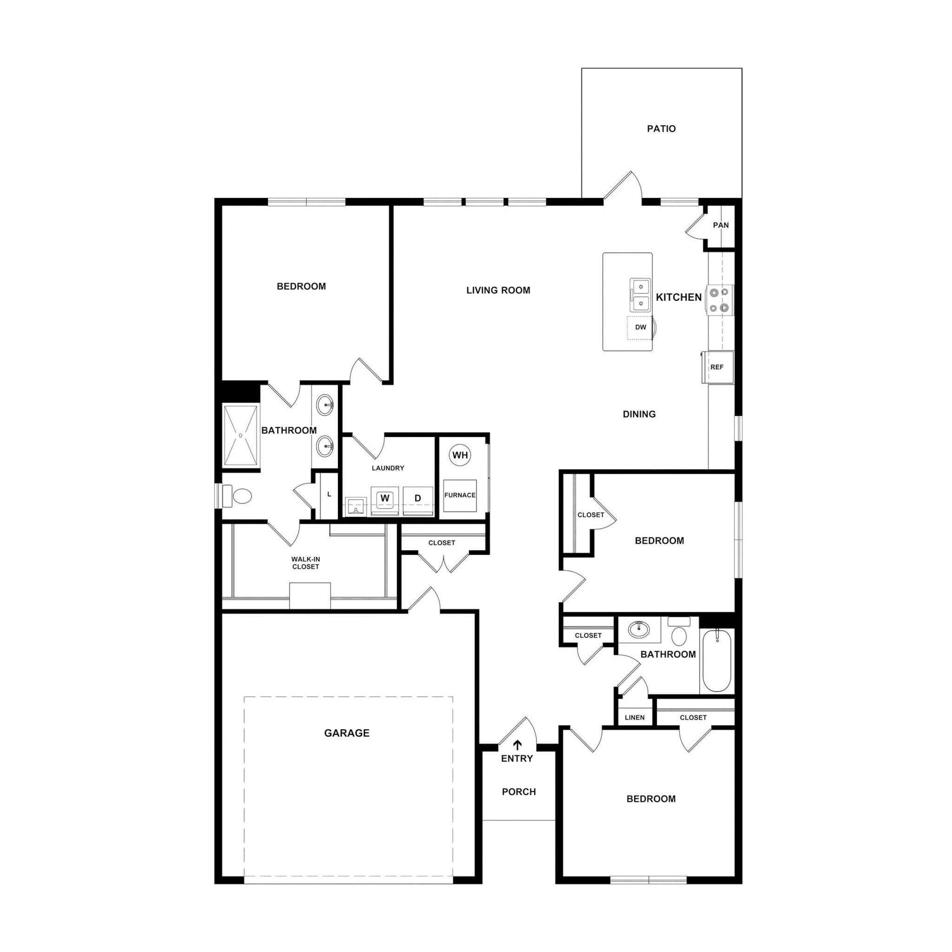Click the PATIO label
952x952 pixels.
[661, 129]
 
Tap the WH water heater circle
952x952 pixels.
[460, 455]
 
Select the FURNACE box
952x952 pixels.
[460, 495]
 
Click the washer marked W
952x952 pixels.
[385, 499]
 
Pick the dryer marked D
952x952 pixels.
[417, 499]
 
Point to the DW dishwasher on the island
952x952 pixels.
[640, 328]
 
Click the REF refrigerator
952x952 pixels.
[717, 367]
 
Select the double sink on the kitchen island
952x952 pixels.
[640, 295]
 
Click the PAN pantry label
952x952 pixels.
[721, 225]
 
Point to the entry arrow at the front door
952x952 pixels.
[517, 745]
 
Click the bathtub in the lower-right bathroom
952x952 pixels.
[716, 661]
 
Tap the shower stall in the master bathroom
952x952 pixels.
[240, 435]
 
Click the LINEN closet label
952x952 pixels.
[634, 717]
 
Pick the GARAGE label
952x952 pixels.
[346, 733]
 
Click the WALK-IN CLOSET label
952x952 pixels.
[305, 563]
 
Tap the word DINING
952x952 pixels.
[639, 414]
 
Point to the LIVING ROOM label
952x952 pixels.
[498, 290]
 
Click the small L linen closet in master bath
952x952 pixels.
[329, 494]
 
